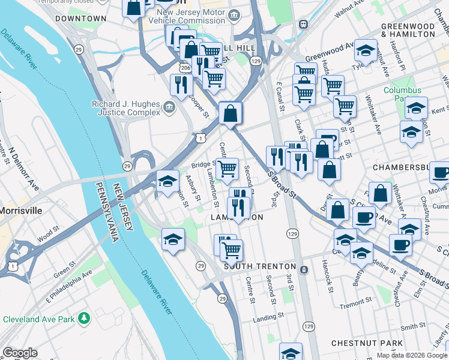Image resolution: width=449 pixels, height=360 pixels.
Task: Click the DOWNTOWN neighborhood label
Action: coord(80,19)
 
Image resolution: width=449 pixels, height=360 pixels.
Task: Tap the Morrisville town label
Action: coord(21,211)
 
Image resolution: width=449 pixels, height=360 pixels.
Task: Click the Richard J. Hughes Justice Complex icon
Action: coord(169,108)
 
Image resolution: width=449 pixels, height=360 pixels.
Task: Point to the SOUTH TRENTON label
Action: coord(260,266)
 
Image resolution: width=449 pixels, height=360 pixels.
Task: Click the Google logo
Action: coord(20,353)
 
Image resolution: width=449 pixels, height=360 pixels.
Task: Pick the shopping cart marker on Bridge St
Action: coord(228,169)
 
